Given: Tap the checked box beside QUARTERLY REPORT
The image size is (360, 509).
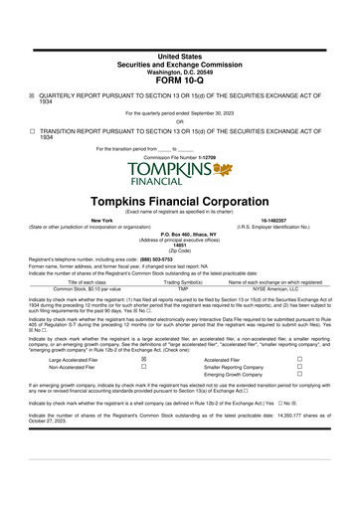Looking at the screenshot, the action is [x=32, y=95].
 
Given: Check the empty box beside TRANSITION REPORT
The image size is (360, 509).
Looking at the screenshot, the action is [x=32, y=130].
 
